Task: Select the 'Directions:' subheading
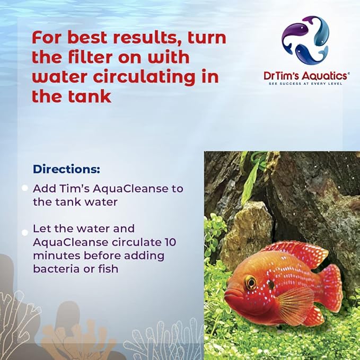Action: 66,169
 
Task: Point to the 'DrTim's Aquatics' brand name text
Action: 306,76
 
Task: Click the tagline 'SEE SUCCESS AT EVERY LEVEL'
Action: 306,84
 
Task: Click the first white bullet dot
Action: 24,188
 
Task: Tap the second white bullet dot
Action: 24,232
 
